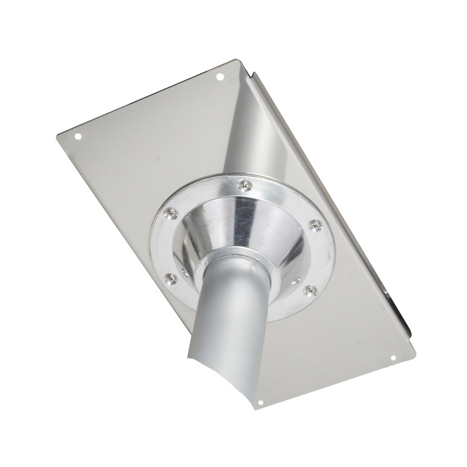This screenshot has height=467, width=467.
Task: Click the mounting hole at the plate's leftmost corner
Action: click(77, 137)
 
